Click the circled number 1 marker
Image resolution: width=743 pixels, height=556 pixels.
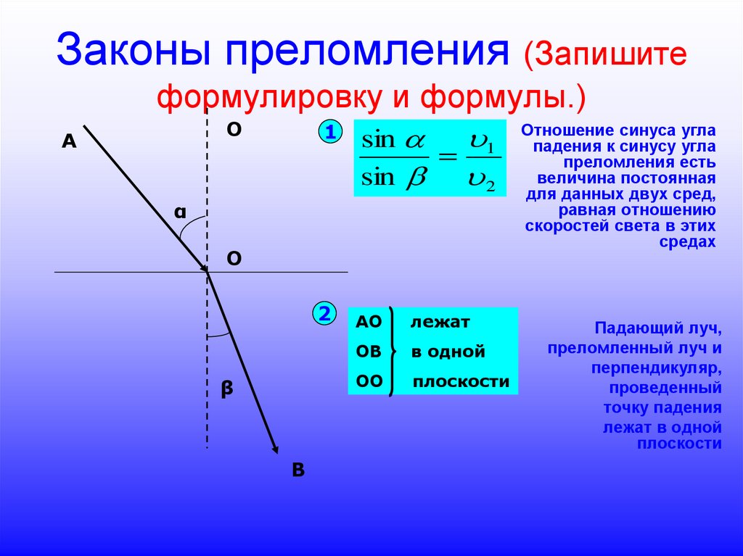point(330,133)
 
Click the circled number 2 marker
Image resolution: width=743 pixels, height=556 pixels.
point(324,314)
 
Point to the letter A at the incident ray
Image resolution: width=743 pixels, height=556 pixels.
point(69,142)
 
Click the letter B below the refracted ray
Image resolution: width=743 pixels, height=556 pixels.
point(298,470)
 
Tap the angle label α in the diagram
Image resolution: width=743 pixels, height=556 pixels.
point(179,212)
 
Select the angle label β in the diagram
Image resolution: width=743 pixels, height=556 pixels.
point(226,389)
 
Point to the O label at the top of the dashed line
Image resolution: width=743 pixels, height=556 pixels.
point(234,129)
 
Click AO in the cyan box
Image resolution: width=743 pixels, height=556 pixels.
point(369,322)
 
